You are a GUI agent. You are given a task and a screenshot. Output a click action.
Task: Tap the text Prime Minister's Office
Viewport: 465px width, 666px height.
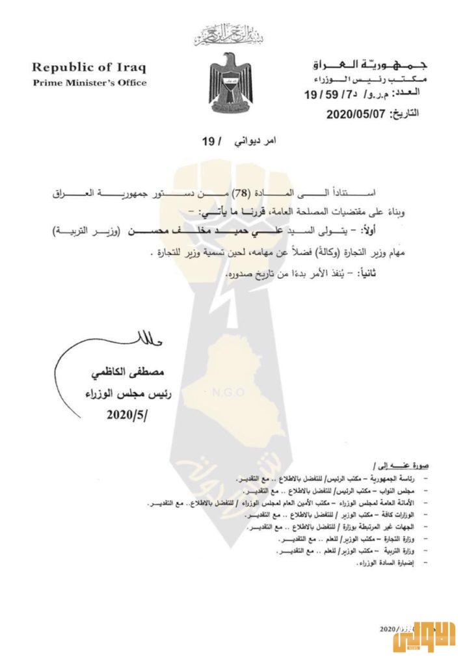[x=90, y=83]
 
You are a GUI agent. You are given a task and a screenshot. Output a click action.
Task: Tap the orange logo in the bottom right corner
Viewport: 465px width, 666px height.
[x=436, y=640]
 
